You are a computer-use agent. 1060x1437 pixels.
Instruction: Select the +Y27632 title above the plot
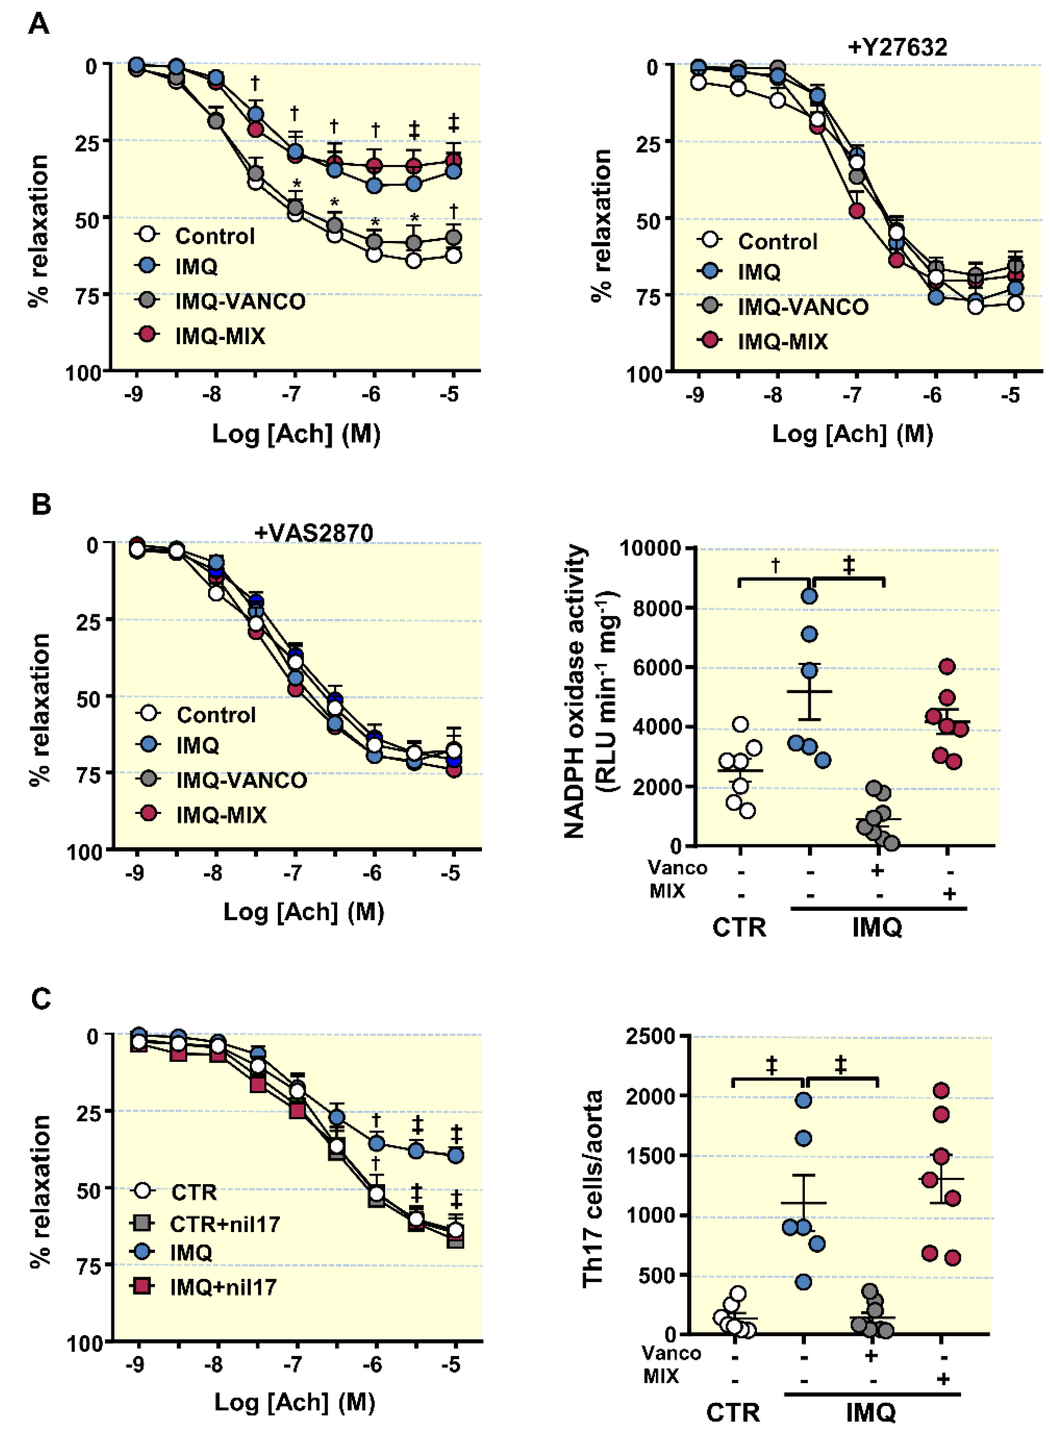[x=897, y=47]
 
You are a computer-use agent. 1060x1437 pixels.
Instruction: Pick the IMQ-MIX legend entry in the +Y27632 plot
[x=782, y=341]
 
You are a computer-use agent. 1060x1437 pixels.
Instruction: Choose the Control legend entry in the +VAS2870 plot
[x=216, y=714]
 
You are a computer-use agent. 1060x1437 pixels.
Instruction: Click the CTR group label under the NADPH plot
[x=739, y=927]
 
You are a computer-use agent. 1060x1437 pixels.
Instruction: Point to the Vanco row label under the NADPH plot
[x=677, y=868]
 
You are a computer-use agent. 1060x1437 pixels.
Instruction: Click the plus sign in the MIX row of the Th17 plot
[x=942, y=1379]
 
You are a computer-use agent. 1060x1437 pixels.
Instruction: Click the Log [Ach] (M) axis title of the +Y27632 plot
[x=852, y=434]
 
